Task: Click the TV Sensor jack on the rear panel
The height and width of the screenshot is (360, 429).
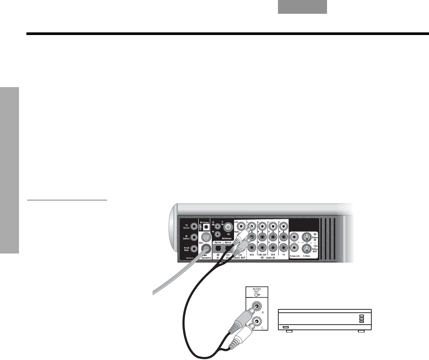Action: pos(193,226)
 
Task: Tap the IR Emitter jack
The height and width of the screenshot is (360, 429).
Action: pos(193,237)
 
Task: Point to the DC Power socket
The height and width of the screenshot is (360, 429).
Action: pos(204,227)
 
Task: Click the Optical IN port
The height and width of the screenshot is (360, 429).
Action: pos(218,248)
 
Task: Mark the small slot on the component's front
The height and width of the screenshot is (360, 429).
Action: pos(286,327)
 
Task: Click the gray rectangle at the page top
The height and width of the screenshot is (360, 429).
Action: pos(302,7)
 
